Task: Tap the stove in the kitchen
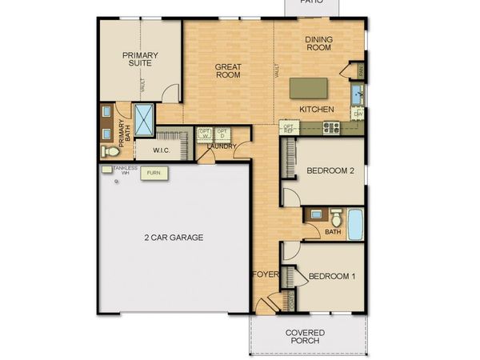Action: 330,127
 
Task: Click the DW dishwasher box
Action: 358,115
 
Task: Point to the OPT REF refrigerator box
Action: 289,126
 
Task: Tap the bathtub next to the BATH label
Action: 354,223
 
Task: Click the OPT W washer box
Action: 204,134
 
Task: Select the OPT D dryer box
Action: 222,134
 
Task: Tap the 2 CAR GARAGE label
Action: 174,238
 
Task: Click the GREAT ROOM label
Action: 228,71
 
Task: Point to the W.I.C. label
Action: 160,149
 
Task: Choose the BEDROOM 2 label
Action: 330,170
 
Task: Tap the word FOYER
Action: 266,274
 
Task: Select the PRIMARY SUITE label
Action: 140,58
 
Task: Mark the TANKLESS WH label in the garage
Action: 125,170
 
